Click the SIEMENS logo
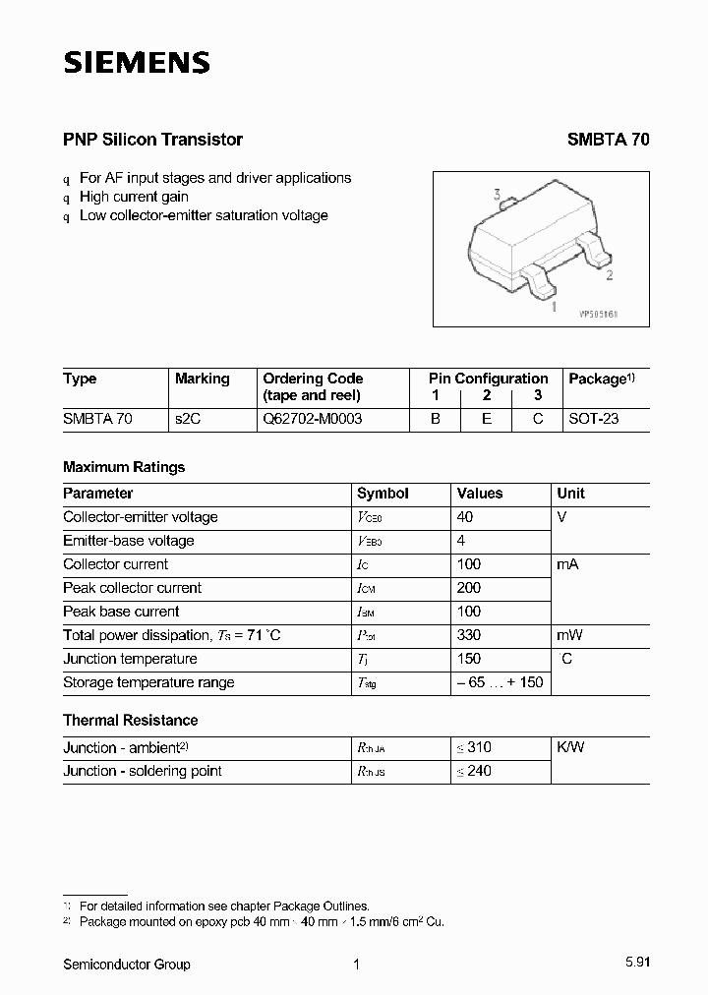[x=137, y=63]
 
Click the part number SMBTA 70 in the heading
[x=608, y=140]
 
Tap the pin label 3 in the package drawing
[x=498, y=195]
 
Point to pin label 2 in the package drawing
[x=610, y=276]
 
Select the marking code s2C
[x=187, y=419]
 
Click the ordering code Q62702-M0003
[x=312, y=419]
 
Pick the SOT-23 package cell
[x=594, y=419]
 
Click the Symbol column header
[x=383, y=494]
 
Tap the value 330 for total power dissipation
[x=469, y=635]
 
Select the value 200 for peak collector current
[x=469, y=588]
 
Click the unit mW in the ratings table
[x=571, y=635]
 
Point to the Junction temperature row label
[x=130, y=659]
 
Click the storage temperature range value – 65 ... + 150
[x=500, y=682]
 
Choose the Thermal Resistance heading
[x=130, y=720]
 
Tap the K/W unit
[x=570, y=747]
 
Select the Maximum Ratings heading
[x=124, y=467]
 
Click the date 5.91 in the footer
[x=636, y=965]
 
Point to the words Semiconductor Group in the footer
[x=127, y=965]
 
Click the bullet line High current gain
[x=134, y=197]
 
